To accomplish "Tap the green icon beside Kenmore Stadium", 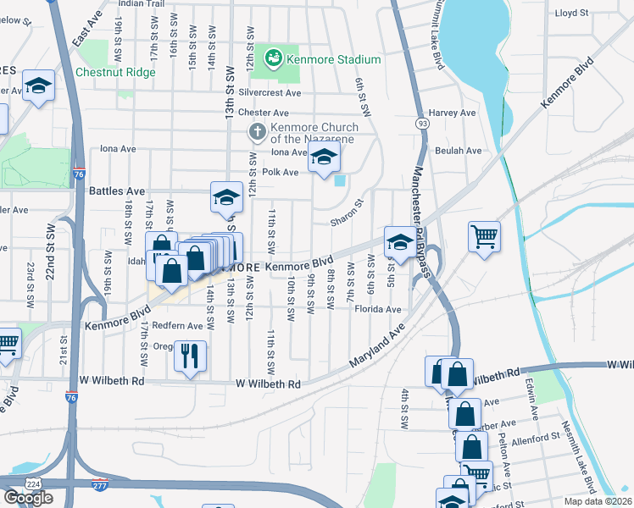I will click(274, 58).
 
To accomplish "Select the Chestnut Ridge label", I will click(115, 72).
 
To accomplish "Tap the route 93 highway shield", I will click(422, 124).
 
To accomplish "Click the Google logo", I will click(28, 498).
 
